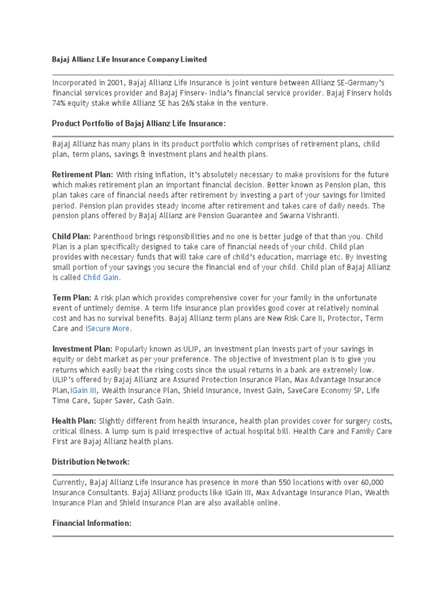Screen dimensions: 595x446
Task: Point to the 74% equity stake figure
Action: click(60, 103)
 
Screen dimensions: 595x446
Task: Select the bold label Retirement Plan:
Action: click(82, 175)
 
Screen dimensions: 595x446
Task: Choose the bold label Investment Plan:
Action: click(82, 349)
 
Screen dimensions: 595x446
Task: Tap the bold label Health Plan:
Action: click(74, 421)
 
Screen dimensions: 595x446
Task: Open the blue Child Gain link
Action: click(102, 278)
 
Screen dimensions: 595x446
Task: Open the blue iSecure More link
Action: click(108, 329)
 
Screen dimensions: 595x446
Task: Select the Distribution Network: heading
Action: click(91, 461)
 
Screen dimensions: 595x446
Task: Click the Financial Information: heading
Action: click(92, 523)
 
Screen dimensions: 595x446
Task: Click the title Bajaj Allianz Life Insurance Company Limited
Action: click(129, 60)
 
